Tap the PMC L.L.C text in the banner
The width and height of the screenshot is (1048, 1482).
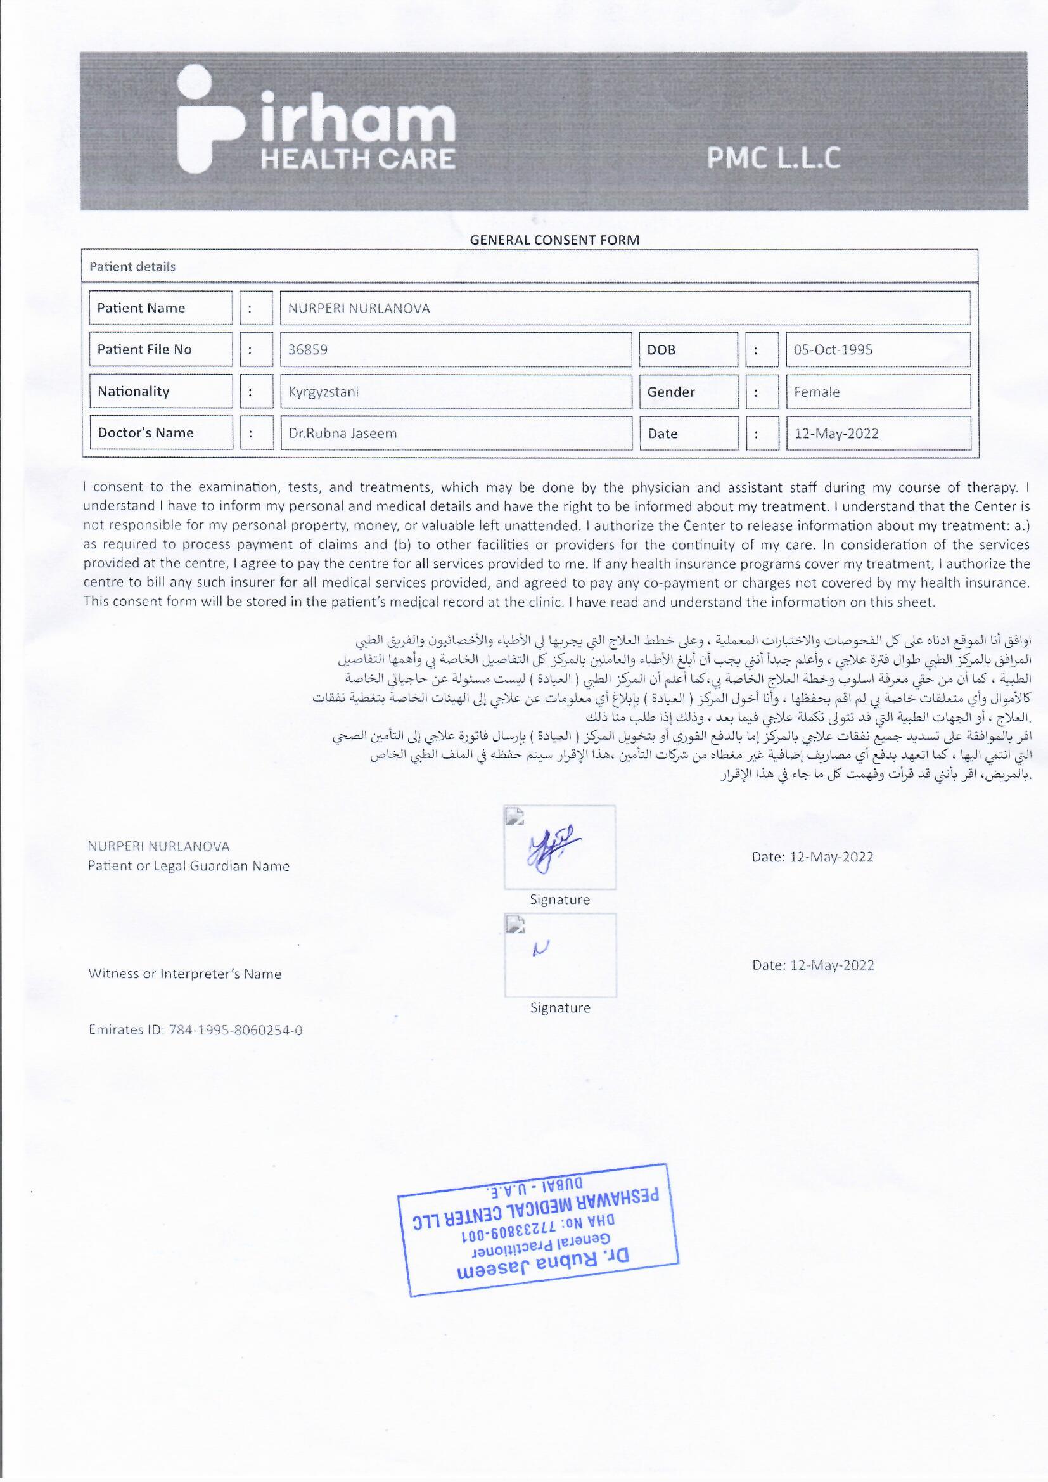click(773, 158)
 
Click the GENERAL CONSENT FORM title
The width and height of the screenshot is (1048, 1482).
click(554, 240)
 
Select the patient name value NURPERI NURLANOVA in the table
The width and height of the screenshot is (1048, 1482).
click(359, 309)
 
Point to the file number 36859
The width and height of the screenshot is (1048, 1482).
click(308, 350)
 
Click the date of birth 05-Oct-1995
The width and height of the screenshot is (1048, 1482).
click(833, 350)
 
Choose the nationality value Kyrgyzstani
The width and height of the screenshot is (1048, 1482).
click(323, 392)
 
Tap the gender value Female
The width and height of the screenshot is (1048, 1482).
click(816, 392)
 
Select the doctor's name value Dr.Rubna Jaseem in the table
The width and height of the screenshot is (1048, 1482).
click(342, 433)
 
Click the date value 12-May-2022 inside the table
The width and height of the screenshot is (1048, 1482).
click(836, 433)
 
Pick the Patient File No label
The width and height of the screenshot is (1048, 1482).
click(144, 350)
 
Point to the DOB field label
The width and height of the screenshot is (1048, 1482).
click(661, 350)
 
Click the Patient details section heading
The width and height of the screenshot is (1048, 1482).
click(132, 267)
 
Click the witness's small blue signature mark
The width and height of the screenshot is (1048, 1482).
click(540, 948)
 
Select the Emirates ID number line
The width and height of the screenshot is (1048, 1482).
click(195, 1030)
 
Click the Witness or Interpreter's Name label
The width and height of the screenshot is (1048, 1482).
click(184, 974)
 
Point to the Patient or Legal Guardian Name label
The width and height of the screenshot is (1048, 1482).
click(188, 867)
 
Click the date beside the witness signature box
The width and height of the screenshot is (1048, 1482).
click(812, 965)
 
